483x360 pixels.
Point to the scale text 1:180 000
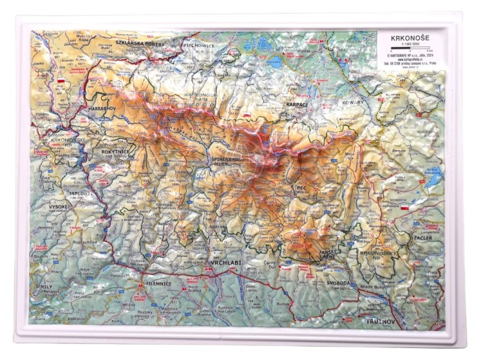pos(408,44)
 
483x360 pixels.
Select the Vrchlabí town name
pos(225,264)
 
